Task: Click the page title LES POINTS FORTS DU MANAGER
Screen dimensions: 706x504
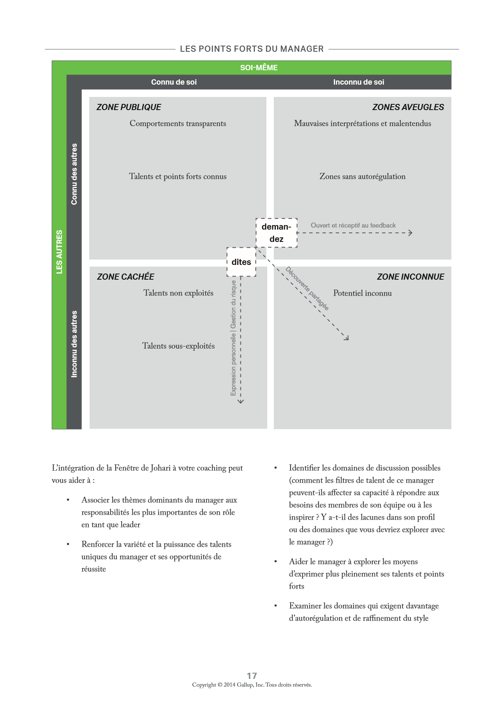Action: coord(252,49)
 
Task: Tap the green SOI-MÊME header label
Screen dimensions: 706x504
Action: coord(259,68)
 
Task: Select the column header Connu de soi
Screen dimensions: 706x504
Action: coord(174,82)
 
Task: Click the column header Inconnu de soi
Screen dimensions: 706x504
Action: coord(358,82)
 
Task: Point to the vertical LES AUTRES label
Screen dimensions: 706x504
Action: coord(59,252)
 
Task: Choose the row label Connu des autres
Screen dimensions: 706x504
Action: coord(74,174)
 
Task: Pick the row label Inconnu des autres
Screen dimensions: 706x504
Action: coord(74,344)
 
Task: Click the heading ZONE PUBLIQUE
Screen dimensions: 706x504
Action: coord(129,107)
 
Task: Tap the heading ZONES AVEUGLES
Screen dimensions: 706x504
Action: coord(408,107)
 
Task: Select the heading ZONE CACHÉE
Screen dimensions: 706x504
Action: coord(125,277)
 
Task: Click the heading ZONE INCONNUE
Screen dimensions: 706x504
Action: coord(410,277)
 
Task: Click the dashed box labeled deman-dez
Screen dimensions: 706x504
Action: coord(276,233)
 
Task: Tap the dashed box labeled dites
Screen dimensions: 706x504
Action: coord(241,262)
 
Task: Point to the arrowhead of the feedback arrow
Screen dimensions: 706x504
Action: coord(410,233)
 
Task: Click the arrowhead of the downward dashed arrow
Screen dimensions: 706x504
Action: coord(241,401)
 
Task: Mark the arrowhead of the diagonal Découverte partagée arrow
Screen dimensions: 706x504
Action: coord(347,338)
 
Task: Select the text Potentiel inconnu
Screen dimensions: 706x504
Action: coord(362,293)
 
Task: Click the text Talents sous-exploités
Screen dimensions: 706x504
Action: coord(178,346)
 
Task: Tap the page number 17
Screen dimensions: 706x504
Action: coord(252,676)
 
